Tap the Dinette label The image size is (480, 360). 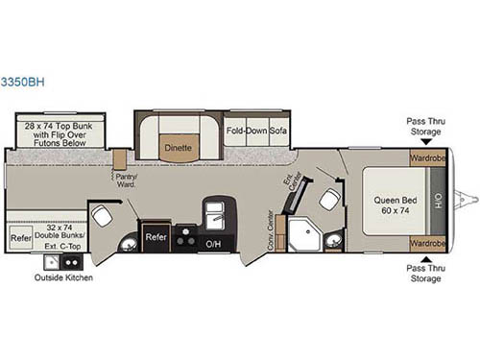pyautogui.click(x=178, y=149)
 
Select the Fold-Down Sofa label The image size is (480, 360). pyautogui.click(x=256, y=128)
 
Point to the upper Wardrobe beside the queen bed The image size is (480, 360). pyautogui.click(x=426, y=158)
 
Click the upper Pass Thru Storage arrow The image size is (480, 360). pyautogui.click(x=425, y=142)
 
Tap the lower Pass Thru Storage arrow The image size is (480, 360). pyautogui.click(x=425, y=257)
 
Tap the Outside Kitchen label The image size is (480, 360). pyautogui.click(x=60, y=278)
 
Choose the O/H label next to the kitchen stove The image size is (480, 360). pyautogui.click(x=213, y=245)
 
